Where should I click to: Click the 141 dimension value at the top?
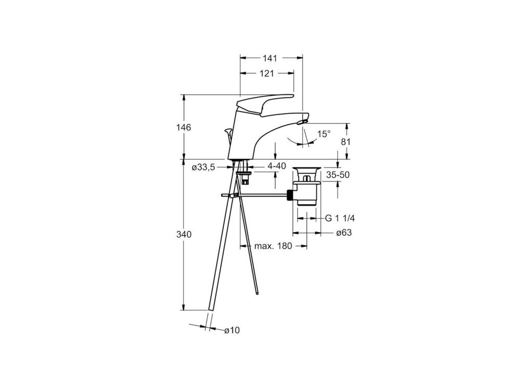[x=271, y=58]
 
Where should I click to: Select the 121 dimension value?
[x=266, y=73]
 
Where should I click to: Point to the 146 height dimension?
[x=170, y=127]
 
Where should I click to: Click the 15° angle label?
[x=324, y=134]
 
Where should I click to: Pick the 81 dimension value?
[x=346, y=142]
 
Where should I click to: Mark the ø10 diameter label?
[x=231, y=330]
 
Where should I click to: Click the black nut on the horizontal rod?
[x=290, y=195]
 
